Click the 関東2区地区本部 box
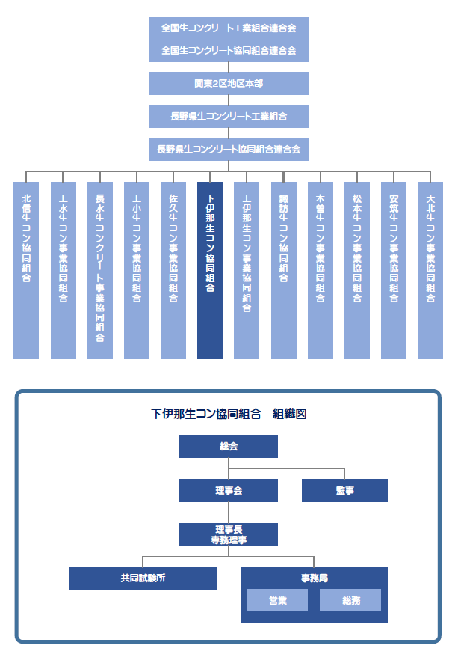coord(229,84)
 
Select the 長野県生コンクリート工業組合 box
coord(229,116)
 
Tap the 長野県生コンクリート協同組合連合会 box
coord(229,150)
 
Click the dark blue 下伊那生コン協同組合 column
coord(210,270)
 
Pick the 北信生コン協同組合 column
coord(26,270)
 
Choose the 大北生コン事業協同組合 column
coord(430,270)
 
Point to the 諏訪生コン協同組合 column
coord(283,270)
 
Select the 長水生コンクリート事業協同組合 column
coord(100,270)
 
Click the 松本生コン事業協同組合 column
coord(357,270)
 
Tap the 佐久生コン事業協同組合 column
coord(173,270)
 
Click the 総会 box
coord(229,446)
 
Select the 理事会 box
coord(229,490)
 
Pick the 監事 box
coord(344,490)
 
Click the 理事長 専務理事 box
coord(229,534)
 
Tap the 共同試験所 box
coord(143,578)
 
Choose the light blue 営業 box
coord(277,600)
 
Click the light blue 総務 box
coord(350,600)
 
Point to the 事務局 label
coord(315,578)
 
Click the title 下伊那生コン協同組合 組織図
coord(229,414)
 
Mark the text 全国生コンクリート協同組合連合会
coord(229,51)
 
